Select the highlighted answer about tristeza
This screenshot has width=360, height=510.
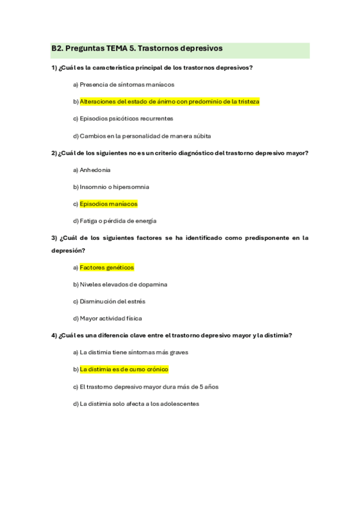(x=169, y=102)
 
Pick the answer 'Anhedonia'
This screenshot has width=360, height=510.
(x=95, y=170)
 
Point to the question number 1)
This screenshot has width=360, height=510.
(x=54, y=67)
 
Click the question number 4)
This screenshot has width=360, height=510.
(x=54, y=335)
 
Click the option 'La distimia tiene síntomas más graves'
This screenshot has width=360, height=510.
(x=134, y=352)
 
